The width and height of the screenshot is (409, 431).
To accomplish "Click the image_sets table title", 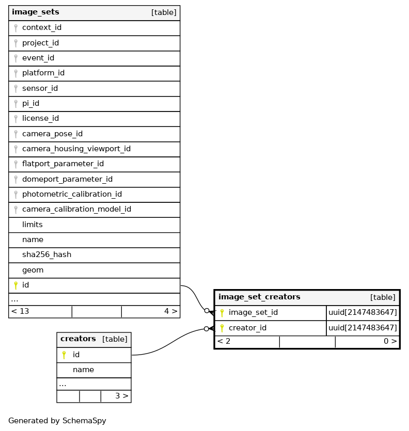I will coord(35,12).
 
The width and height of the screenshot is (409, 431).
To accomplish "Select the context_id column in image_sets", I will coord(42,28).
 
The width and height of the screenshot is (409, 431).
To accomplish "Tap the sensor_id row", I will coord(40,88).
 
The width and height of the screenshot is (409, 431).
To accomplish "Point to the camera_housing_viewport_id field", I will coord(76,149).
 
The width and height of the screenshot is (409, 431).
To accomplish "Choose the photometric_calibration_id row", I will coord(72,195).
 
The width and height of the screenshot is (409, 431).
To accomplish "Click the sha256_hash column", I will coord(46,255).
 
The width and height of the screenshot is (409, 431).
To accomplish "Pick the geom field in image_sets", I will coord(33,270).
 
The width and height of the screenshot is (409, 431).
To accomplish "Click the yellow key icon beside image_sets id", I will coord(15,285).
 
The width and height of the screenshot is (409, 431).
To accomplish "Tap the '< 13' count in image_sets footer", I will coord(20,311).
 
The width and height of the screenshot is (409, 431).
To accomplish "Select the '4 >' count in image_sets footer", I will coord(170,311).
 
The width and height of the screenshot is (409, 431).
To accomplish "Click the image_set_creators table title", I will coord(259,297).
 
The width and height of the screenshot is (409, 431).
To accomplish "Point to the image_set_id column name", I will coord(253,312).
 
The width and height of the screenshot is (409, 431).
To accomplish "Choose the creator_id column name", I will coord(247,328).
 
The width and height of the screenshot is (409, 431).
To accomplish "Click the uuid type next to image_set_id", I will coord(363,312).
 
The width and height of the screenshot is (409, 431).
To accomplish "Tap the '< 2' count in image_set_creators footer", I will coord(224,341).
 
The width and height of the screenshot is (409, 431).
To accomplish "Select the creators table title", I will coord(78,339).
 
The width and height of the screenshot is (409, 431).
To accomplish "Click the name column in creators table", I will coord(83,370).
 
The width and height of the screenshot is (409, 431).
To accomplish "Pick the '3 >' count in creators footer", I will coord(121,396).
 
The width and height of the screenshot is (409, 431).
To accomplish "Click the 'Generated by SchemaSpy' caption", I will coord(57,421).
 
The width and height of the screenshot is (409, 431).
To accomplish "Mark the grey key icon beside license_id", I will coord(15,119).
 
